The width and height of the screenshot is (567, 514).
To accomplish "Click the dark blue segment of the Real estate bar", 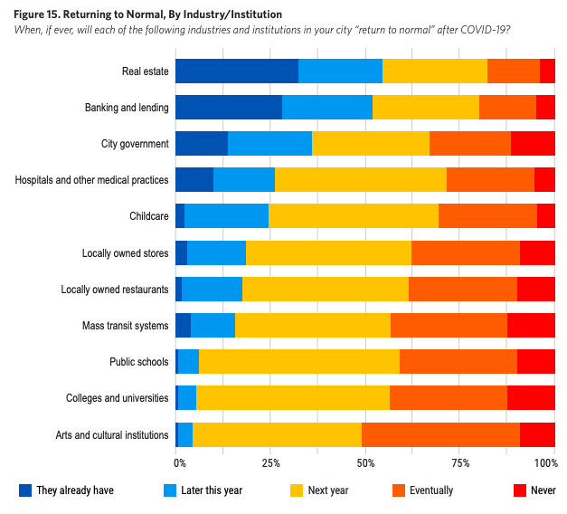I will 236,71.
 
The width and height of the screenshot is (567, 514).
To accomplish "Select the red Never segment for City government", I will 533,144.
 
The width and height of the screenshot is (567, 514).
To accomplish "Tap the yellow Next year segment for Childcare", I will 354,216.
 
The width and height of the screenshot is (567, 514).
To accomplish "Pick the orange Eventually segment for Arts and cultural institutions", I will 440,435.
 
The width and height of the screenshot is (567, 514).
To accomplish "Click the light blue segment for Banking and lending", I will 327,108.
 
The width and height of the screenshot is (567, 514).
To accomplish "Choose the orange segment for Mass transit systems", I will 449,326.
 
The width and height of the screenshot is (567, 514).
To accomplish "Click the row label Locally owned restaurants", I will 115,290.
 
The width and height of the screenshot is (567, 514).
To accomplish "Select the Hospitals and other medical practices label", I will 92,180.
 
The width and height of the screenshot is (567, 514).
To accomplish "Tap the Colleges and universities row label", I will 118,398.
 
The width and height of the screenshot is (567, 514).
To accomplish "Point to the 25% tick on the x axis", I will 269,463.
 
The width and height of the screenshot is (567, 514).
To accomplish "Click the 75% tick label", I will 459,463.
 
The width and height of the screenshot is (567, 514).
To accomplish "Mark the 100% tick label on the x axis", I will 546,463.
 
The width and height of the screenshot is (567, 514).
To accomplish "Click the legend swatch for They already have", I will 24,490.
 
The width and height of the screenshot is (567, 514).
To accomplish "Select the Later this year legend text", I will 212,490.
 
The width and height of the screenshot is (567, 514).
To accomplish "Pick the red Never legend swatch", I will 519,490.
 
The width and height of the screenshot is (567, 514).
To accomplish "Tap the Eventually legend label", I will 431,490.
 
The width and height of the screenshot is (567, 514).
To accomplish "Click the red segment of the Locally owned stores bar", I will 537,252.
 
